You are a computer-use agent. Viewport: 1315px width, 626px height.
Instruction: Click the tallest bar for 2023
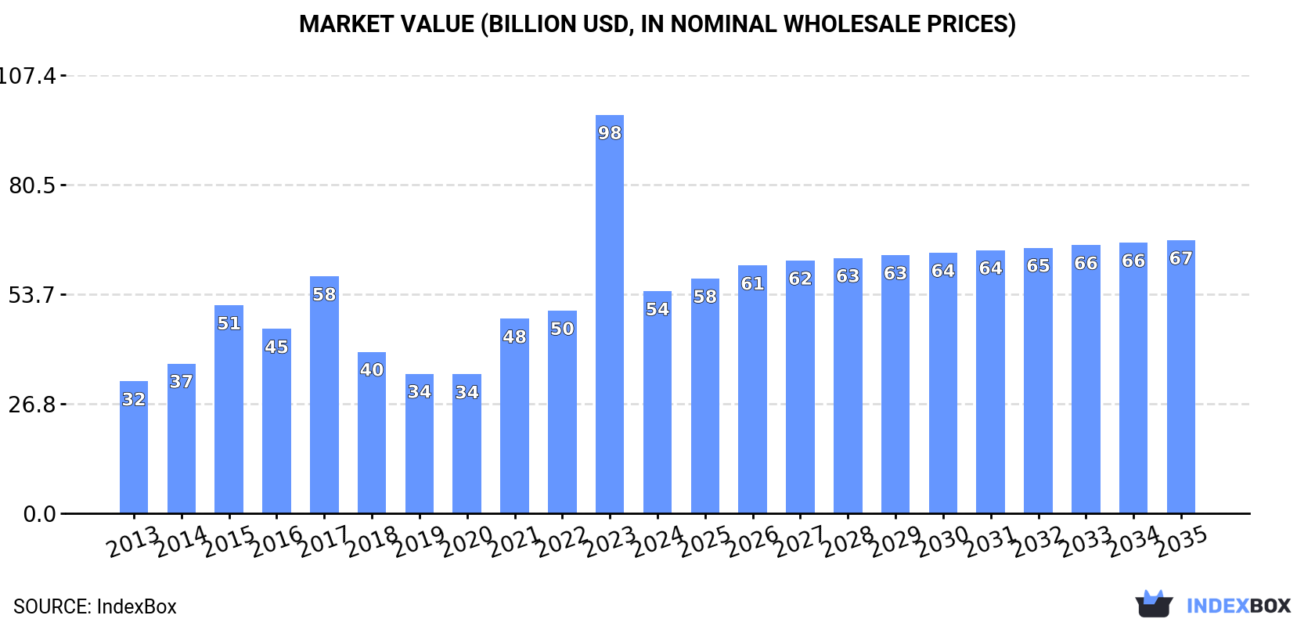[610, 313]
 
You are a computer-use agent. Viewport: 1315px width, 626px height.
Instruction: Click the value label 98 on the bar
[610, 133]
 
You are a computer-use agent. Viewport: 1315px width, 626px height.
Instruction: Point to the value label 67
[1180, 258]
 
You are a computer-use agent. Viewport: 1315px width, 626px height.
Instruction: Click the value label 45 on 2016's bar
[276, 347]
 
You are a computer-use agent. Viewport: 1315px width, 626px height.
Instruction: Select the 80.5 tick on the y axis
[32, 185]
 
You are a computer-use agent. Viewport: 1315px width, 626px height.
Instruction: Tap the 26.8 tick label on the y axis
[32, 405]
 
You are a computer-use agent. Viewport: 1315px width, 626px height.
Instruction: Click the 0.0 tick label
[39, 514]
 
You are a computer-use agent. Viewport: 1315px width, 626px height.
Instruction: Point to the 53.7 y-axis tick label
[32, 295]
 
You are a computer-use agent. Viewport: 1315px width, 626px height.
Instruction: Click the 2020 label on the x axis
[467, 541]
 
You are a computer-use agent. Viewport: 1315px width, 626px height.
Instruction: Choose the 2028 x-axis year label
[848, 541]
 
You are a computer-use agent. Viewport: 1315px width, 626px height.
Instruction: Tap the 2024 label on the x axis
[657, 541]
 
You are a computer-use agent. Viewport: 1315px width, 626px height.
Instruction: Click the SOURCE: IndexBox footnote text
[95, 606]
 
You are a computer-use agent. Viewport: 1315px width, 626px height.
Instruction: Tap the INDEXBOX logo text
[1238, 606]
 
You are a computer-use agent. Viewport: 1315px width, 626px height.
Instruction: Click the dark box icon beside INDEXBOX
[1154, 604]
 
